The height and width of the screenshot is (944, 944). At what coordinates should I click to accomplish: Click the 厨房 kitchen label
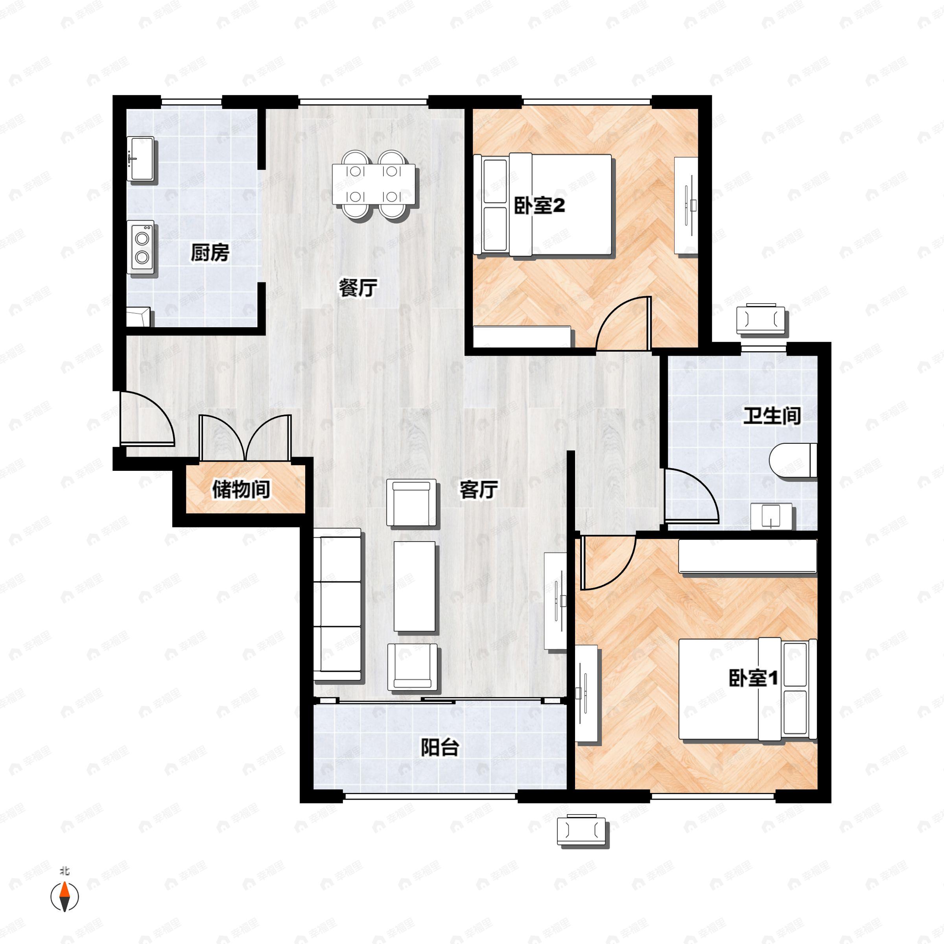click(x=210, y=253)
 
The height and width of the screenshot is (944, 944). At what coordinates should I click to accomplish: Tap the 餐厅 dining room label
click(x=358, y=288)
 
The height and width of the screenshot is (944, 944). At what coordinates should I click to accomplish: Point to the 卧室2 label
click(x=539, y=206)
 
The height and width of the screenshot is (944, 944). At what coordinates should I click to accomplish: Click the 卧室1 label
click(x=753, y=678)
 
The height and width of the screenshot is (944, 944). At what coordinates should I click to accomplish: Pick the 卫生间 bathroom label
click(x=772, y=416)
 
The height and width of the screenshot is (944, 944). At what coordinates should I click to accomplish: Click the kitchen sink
click(x=141, y=159)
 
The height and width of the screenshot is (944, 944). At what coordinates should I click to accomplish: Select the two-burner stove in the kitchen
click(x=141, y=247)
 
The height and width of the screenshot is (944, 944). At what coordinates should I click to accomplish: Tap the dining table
click(x=374, y=184)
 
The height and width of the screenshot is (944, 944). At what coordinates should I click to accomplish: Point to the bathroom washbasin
click(x=771, y=517)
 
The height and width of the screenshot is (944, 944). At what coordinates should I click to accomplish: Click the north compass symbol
click(x=65, y=896)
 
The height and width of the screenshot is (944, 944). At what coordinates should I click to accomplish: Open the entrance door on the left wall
click(x=147, y=419)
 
